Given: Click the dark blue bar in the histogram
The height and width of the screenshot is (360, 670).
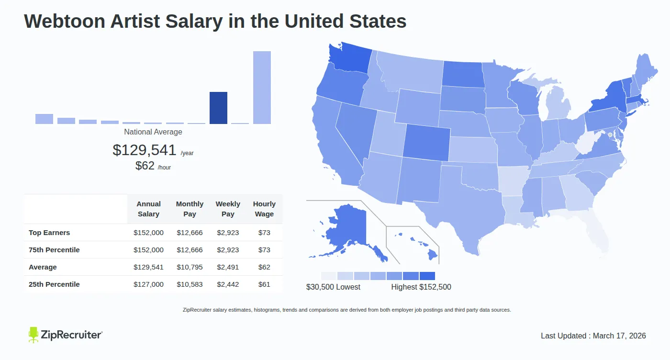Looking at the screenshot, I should pyautogui.click(x=218, y=108).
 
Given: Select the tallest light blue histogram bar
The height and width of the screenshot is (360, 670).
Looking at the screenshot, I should pyautogui.click(x=262, y=87).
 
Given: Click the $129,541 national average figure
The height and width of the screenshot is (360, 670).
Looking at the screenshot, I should pyautogui.click(x=145, y=150).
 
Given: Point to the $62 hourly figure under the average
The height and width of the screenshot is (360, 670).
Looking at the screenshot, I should pyautogui.click(x=145, y=166).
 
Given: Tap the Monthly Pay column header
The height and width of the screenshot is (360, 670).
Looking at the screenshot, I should pyautogui.click(x=190, y=209).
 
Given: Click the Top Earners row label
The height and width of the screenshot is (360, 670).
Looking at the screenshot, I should pyautogui.click(x=49, y=233).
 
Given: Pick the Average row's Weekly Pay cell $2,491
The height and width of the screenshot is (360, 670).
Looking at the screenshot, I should pyautogui.click(x=228, y=267).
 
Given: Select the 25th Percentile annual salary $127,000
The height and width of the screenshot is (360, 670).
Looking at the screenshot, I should pyautogui.click(x=148, y=284).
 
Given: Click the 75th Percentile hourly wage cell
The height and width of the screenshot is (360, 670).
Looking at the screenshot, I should pyautogui.click(x=264, y=250).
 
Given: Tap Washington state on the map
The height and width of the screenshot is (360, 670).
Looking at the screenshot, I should pyautogui.click(x=349, y=60).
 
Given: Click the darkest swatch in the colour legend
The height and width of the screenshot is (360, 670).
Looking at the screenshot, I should pyautogui.click(x=427, y=276).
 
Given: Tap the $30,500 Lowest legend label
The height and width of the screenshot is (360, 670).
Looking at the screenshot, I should pyautogui.click(x=333, y=287).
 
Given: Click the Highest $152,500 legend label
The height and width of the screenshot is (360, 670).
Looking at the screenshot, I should pyautogui.click(x=421, y=287).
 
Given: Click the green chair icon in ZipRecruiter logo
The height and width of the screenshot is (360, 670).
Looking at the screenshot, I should pyautogui.click(x=33, y=335).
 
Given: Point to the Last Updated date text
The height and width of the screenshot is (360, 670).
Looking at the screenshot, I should pyautogui.click(x=593, y=336).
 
